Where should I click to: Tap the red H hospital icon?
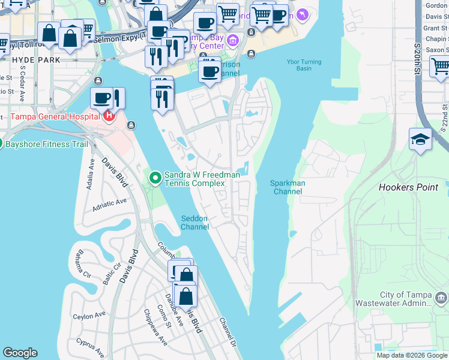(x=109, y=115)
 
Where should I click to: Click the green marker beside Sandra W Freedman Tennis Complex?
(x=155, y=177)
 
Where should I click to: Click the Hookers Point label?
(x=408, y=187)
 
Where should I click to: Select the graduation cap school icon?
(x=421, y=140)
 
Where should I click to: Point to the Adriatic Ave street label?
(x=109, y=206)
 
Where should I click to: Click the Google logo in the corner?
(x=20, y=353)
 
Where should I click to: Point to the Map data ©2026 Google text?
(x=411, y=355)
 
